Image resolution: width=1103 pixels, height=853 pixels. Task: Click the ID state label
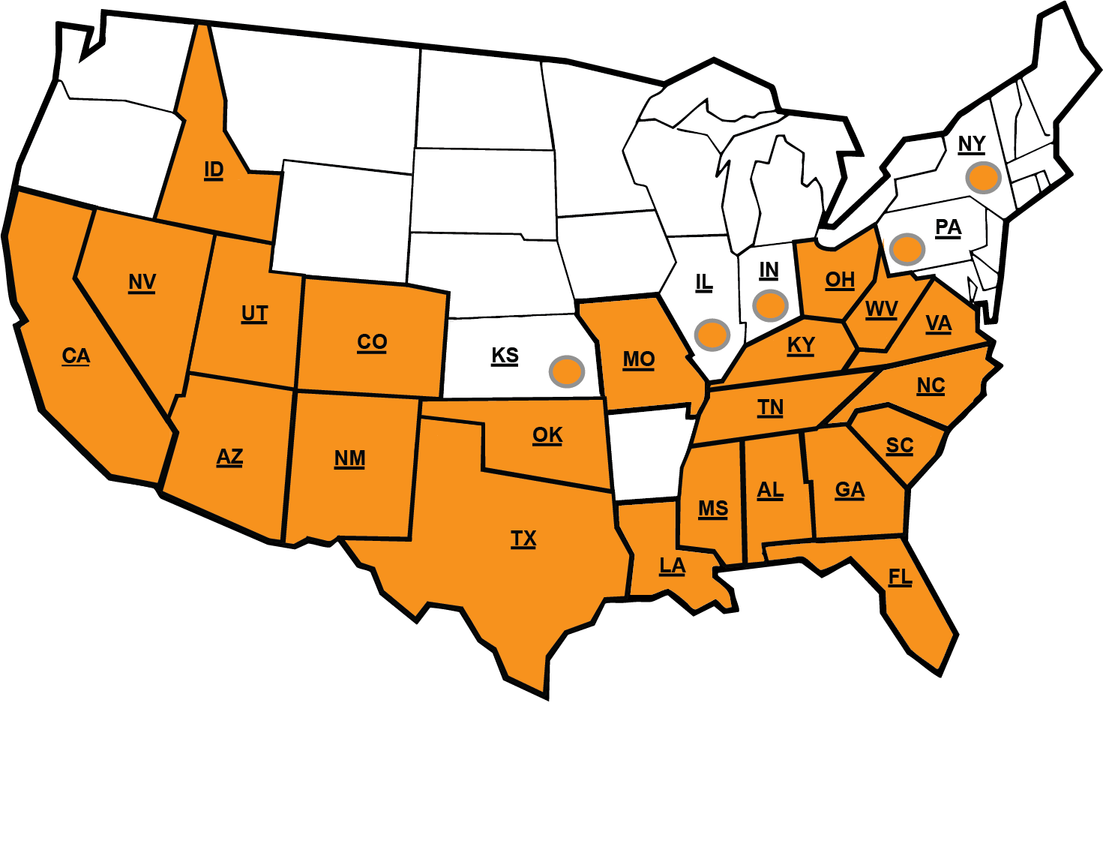coord(214,170)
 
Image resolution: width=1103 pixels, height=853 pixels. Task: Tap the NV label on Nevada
coord(142,282)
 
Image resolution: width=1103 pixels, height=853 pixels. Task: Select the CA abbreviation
coord(76,356)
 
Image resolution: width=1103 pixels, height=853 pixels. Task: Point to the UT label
coord(254,314)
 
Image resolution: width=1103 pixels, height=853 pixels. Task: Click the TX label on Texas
coord(523,539)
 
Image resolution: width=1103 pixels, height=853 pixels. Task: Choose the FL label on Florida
coord(900,577)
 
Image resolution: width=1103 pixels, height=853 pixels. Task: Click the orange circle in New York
coord(983,178)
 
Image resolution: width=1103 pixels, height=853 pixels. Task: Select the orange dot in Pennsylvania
coord(907,249)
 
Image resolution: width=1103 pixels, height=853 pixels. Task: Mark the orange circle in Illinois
coord(712,335)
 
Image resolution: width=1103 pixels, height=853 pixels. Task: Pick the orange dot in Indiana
coord(770,305)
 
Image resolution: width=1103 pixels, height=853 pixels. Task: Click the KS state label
coord(505,355)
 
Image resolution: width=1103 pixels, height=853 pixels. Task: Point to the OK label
coord(547,435)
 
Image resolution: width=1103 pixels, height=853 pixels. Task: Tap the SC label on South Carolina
coord(900,446)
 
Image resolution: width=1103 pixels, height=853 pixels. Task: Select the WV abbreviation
coord(881,309)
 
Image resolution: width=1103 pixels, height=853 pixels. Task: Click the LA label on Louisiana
coord(672,566)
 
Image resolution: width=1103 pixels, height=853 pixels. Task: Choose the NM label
coord(349,458)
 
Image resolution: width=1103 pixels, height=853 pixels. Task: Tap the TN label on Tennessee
coord(770,407)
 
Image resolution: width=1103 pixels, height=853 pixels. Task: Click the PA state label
coord(948,227)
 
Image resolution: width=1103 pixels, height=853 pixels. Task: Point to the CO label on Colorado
coord(372,342)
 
